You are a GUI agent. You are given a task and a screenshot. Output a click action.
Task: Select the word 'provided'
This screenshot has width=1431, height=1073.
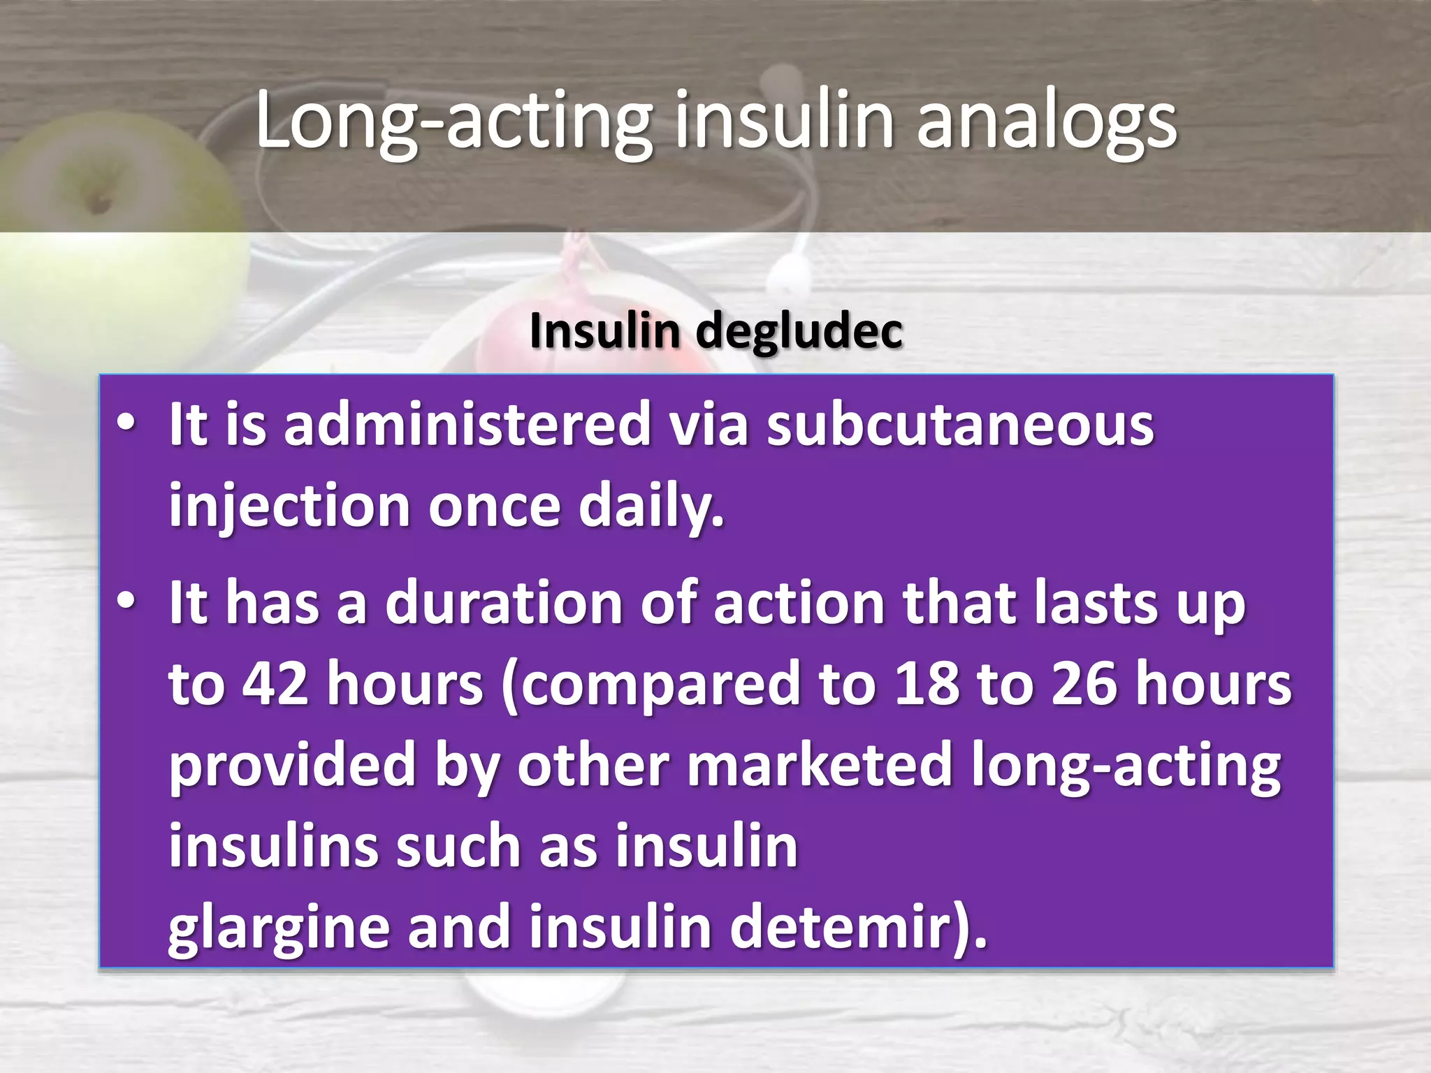293,765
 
